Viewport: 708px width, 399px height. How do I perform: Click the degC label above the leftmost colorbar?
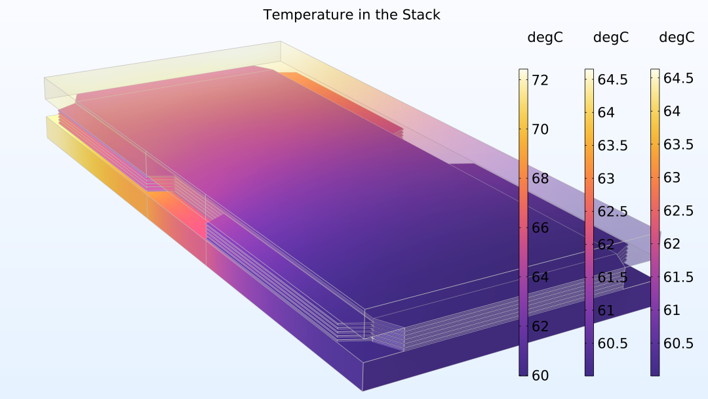(x=545, y=37)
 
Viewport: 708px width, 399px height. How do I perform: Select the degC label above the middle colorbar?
(x=611, y=37)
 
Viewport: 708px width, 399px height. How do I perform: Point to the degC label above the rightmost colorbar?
(x=677, y=37)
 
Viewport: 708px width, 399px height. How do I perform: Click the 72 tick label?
(x=540, y=80)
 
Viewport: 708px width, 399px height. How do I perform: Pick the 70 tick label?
(x=540, y=129)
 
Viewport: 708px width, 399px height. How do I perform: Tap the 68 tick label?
(x=540, y=178)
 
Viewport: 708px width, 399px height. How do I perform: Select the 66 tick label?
(x=540, y=228)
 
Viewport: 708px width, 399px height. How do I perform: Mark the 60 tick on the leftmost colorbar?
(x=540, y=375)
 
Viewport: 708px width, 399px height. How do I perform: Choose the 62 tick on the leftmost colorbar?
(x=540, y=326)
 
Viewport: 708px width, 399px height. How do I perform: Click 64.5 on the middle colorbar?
(x=613, y=79)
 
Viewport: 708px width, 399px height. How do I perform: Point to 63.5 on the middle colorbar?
(x=613, y=146)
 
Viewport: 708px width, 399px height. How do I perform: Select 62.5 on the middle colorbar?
(x=613, y=211)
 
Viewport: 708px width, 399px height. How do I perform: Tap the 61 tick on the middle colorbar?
(x=606, y=310)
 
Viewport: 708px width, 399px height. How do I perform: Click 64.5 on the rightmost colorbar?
(x=678, y=78)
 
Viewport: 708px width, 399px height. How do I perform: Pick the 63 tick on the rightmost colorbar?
(x=672, y=177)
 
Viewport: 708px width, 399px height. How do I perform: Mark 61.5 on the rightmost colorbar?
(x=678, y=276)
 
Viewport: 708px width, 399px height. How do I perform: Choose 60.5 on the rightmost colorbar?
(x=678, y=343)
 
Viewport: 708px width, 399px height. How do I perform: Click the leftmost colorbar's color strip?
(x=523, y=222)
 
